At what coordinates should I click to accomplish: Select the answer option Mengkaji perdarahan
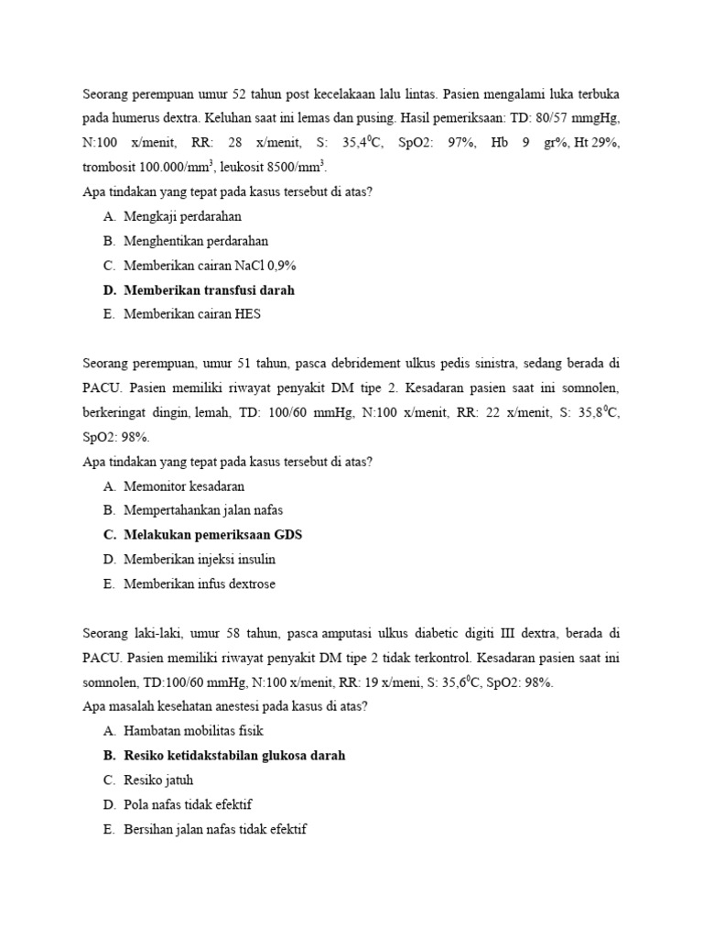coord(183,217)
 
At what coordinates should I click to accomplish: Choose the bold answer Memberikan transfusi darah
coord(210,290)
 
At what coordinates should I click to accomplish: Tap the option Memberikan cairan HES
coord(192,314)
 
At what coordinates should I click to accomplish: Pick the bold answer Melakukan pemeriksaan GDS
coord(213,535)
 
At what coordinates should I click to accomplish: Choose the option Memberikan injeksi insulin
coord(200,559)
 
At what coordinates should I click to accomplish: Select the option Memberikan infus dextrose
coord(200,584)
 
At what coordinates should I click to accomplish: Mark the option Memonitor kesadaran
coord(184,486)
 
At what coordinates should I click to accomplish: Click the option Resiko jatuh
coord(158,780)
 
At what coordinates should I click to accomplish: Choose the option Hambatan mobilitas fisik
coord(193,731)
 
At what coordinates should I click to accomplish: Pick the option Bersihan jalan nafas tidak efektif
coord(216,829)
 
